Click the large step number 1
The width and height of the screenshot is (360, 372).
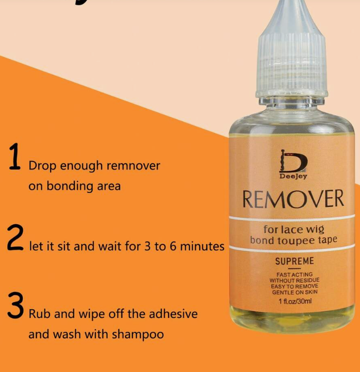tap(15, 158)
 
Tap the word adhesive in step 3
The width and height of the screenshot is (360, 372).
tap(172, 314)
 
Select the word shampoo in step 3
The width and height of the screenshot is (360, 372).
tap(138, 334)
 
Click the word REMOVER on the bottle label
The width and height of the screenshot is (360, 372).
tap(293, 199)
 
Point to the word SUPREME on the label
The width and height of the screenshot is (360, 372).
tap(295, 261)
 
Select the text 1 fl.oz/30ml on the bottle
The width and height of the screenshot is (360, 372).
tap(295, 301)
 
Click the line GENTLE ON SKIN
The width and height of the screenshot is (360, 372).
tap(295, 292)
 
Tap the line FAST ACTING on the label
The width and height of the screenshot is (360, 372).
tap(295, 274)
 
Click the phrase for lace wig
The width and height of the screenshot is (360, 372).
tap(294, 229)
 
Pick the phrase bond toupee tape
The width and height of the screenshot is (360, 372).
tap(294, 240)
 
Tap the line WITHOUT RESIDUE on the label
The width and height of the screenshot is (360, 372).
tap(295, 280)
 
